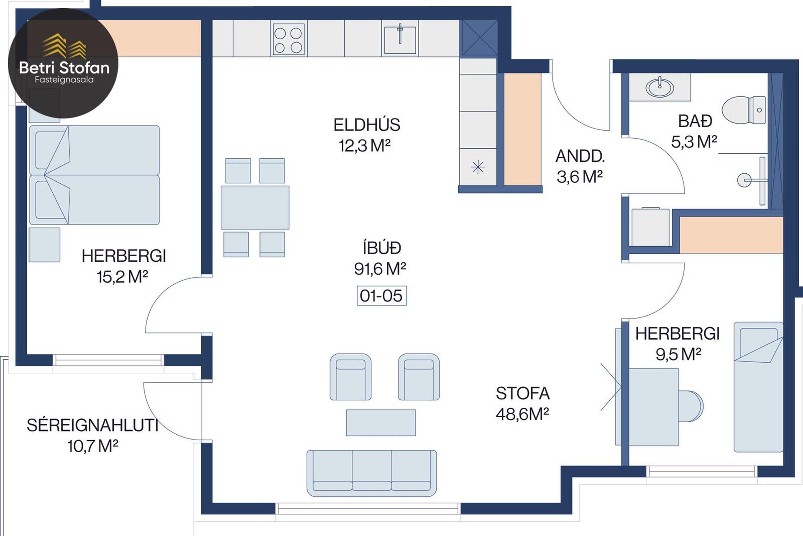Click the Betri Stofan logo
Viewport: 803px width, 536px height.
[x=63, y=63]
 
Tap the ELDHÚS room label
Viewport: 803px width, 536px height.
[x=367, y=125]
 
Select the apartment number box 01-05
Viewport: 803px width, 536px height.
[x=381, y=296]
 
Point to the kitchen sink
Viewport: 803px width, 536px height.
[x=400, y=39]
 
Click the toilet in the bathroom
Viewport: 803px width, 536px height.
[x=744, y=110]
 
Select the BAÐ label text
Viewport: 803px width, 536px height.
[x=695, y=121]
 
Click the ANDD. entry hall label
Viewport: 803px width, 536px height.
[x=580, y=156]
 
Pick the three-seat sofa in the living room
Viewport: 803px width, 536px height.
[x=372, y=473]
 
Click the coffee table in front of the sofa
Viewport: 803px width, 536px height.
[x=381, y=423]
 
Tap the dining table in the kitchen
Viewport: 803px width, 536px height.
[x=255, y=208]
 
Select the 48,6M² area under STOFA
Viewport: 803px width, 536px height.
[x=522, y=414]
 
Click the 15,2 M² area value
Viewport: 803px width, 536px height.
[x=123, y=277]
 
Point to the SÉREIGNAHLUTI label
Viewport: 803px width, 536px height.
[x=92, y=425]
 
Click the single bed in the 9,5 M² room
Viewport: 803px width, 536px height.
[x=758, y=387]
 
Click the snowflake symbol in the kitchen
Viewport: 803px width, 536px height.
[x=478, y=167]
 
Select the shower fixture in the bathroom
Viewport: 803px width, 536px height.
[x=753, y=180]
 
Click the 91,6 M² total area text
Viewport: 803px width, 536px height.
[x=380, y=269]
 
